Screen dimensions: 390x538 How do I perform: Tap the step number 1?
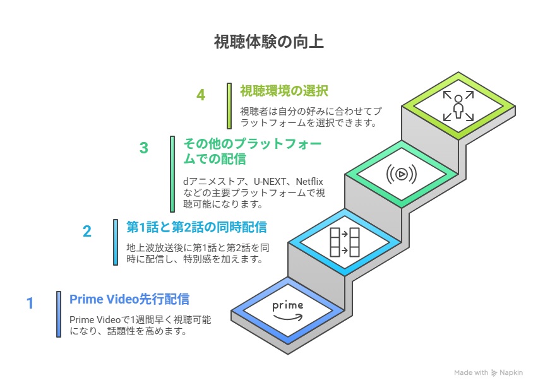pyautogui.click(x=30, y=304)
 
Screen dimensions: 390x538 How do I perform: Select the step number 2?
pyautogui.click(x=87, y=231)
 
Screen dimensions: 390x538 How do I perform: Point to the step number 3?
pyautogui.click(x=144, y=148)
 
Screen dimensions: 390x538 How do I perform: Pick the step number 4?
pyautogui.click(x=201, y=95)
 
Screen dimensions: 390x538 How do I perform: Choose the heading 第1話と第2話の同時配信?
pyautogui.click(x=196, y=227)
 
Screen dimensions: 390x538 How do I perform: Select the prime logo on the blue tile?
pyautogui.click(x=288, y=309)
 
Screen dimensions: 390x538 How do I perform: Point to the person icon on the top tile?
pyautogui.click(x=458, y=105)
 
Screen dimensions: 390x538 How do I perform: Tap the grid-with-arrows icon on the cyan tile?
pyautogui.click(x=345, y=242)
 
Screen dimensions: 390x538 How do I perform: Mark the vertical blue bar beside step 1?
pyautogui.click(x=59, y=314)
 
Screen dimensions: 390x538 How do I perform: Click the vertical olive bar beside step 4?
pyautogui.click(x=229, y=105)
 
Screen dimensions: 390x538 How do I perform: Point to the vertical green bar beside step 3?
pyautogui.click(x=172, y=174)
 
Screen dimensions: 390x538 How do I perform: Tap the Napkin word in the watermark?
pyautogui.click(x=511, y=372)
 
